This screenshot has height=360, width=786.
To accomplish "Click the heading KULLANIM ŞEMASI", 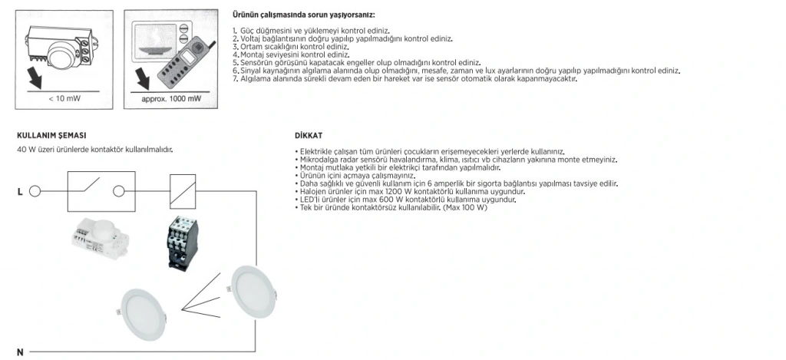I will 52,135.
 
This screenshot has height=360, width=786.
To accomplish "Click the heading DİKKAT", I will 302,135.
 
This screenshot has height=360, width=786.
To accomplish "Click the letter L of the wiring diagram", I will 20,191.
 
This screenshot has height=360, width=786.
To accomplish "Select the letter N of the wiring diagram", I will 20,352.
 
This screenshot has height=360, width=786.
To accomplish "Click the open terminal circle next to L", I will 35,191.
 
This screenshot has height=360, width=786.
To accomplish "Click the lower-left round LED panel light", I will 147,312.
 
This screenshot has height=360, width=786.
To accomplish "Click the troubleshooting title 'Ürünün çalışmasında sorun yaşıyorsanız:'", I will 303,15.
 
